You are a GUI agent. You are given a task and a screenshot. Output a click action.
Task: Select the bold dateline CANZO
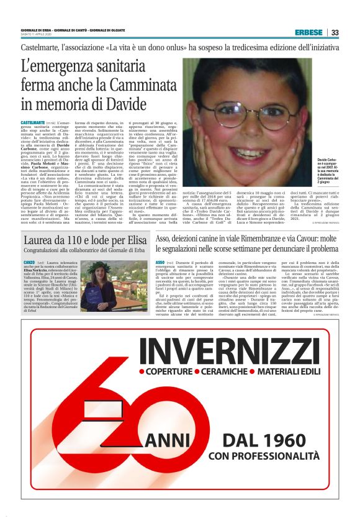click(29, 263)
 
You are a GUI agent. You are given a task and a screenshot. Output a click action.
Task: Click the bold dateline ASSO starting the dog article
click(160, 263)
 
